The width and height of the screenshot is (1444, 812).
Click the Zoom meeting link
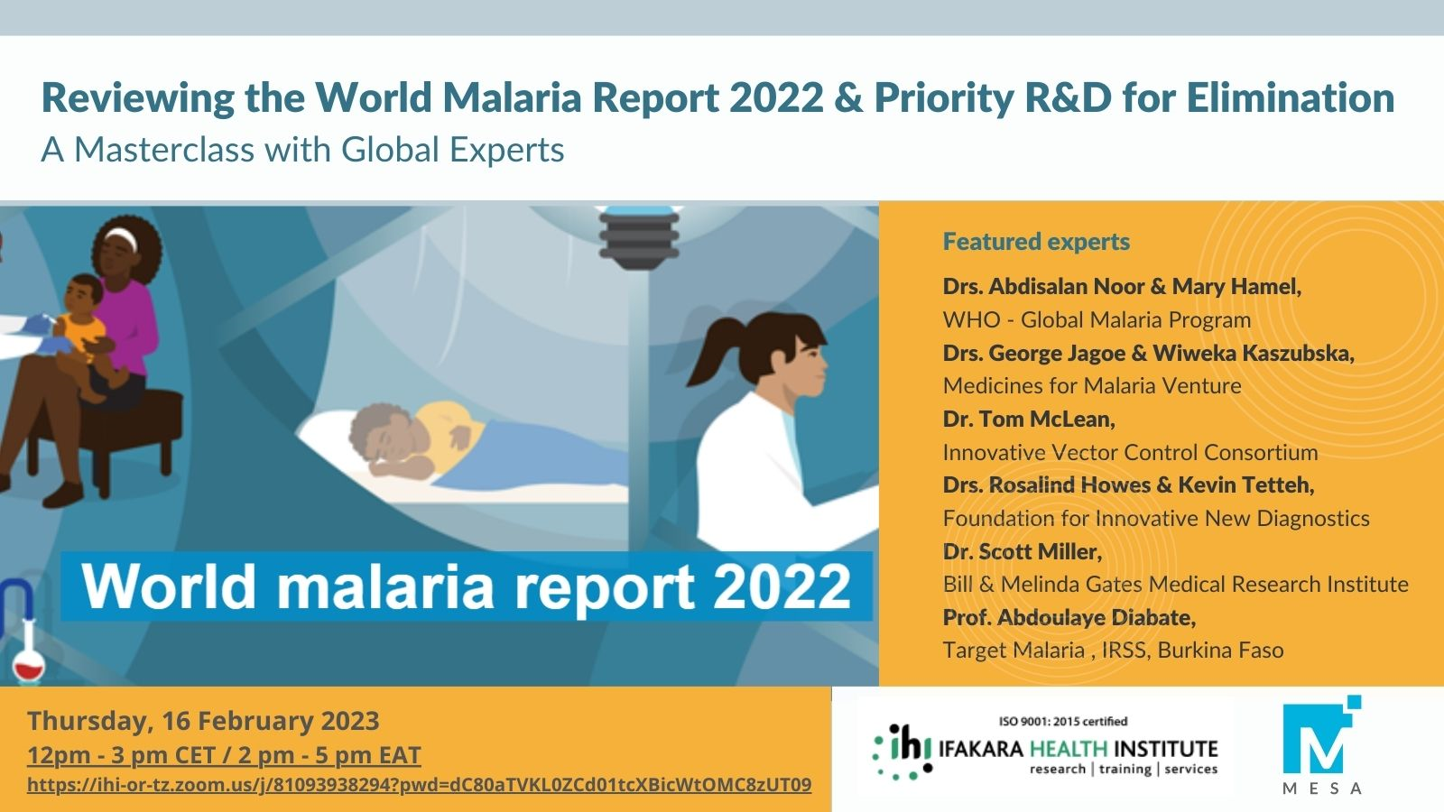click(x=419, y=785)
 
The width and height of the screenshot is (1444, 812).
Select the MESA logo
click(x=1321, y=745)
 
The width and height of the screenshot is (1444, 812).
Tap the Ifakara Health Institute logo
click(x=1045, y=748)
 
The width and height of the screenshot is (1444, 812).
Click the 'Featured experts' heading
click(x=1036, y=242)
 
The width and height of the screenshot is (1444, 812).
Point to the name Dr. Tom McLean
click(x=1028, y=420)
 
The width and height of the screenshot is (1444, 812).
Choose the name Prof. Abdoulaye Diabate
click(x=1069, y=617)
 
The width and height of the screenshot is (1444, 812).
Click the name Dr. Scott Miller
click(x=1022, y=551)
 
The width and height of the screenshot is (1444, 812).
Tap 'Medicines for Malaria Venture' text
click(x=1092, y=386)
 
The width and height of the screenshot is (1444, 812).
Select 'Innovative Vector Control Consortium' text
click(x=1130, y=452)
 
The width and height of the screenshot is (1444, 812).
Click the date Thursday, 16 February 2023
click(x=203, y=721)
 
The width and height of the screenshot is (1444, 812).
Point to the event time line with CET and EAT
click(x=224, y=754)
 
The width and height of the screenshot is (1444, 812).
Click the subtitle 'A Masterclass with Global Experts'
click(x=302, y=150)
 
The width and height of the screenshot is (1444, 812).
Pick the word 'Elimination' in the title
click(x=1291, y=97)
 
